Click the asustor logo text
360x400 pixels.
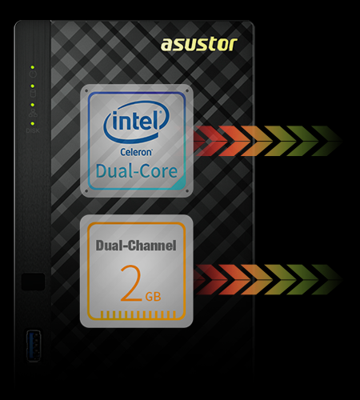coord(199,44)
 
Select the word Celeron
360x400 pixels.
coord(136,152)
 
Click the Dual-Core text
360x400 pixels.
coord(137,171)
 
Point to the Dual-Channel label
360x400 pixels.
coord(136,246)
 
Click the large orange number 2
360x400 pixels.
coord(131,283)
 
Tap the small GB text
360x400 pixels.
coord(153,297)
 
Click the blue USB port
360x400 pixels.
coord(34,346)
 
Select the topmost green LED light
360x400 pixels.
coord(32,67)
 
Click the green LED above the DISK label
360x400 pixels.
coord(33,124)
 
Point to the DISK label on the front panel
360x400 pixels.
coord(33,130)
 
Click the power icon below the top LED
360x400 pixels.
coord(33,74)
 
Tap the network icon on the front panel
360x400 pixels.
coord(33,113)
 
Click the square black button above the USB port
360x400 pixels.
coord(33,282)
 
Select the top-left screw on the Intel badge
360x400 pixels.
coord(86,91)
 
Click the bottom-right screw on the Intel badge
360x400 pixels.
coord(187,191)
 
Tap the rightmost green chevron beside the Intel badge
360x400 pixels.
coord(327,141)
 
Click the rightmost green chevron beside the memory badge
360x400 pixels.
coord(327,279)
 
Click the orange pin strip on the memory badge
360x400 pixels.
coord(138,314)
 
